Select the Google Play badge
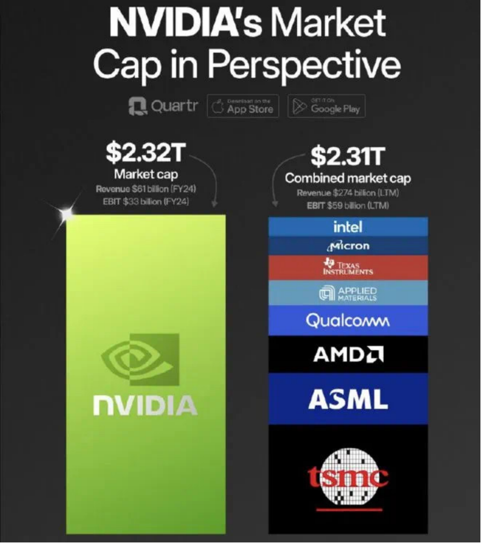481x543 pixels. pyautogui.click(x=326, y=107)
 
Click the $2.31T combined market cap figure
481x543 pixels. pyautogui.click(x=348, y=155)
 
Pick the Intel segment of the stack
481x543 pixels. pyautogui.click(x=348, y=226)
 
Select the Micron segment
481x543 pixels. pyautogui.click(x=348, y=245)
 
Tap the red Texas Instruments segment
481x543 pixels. pyautogui.click(x=348, y=267)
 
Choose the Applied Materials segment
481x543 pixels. pyautogui.click(x=348, y=293)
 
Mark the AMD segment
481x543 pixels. pyautogui.click(x=348, y=354)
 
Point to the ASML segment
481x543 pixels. pyautogui.click(x=348, y=398)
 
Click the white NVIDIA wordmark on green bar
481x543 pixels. pyautogui.click(x=145, y=405)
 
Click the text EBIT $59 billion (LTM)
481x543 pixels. pyautogui.click(x=348, y=205)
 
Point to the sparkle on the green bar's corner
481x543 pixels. pyautogui.click(x=68, y=213)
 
